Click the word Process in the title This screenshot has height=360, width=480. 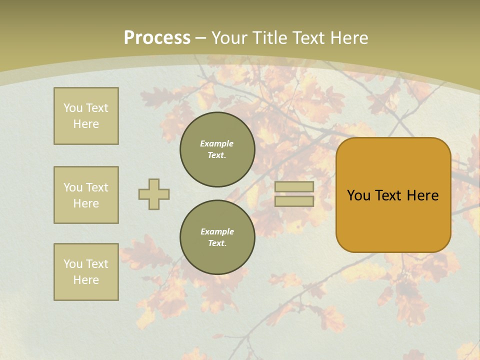pyautogui.click(x=157, y=38)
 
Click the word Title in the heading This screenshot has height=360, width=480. pyautogui.click(x=270, y=38)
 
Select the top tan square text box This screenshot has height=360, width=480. pyautogui.click(x=86, y=116)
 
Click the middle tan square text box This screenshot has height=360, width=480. pyautogui.click(x=86, y=195)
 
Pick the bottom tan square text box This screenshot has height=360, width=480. pyautogui.click(x=86, y=272)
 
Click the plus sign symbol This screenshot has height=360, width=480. pyautogui.click(x=154, y=194)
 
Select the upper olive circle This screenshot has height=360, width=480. pyautogui.click(x=217, y=149)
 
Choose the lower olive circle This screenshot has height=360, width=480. pyautogui.click(x=217, y=237)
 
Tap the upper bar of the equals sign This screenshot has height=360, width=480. pyautogui.click(x=294, y=187)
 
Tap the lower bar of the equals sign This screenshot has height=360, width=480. pyautogui.click(x=294, y=201)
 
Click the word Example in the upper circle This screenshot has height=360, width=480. pyautogui.click(x=217, y=143)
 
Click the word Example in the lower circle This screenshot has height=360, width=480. pyautogui.click(x=217, y=231)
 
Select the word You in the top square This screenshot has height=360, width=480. pyautogui.click(x=73, y=108)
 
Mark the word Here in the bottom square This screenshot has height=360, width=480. pyautogui.click(x=86, y=280)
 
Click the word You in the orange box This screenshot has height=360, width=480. pyautogui.click(x=358, y=195)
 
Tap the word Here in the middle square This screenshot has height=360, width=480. pyautogui.click(x=86, y=203)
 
